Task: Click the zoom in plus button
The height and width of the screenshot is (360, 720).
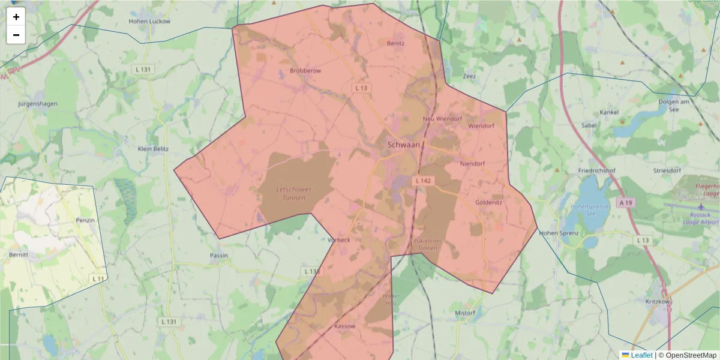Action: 16,17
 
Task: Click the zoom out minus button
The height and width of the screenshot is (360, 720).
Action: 16,35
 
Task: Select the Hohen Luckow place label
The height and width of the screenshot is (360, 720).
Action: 149,21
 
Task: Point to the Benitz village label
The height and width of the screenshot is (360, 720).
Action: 395,43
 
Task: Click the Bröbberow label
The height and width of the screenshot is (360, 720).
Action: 305,70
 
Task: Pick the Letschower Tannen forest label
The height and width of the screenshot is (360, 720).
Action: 293,193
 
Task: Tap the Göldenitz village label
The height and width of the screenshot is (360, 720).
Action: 488,202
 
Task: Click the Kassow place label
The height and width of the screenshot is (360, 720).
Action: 344,326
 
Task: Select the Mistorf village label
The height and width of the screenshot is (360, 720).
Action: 465,313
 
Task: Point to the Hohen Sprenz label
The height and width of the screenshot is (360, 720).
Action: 559,233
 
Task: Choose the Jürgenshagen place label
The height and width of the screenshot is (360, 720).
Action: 38,103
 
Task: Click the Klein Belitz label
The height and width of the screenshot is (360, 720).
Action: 153,149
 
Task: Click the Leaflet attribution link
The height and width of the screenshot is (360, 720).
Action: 641,355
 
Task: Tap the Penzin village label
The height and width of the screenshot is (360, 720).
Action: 85,220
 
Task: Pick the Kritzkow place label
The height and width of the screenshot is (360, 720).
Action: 657,301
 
